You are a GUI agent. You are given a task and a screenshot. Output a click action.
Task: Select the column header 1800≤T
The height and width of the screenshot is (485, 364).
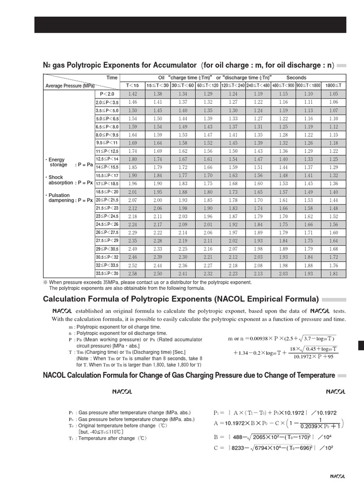point(334,85)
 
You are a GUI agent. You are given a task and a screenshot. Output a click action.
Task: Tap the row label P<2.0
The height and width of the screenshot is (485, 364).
point(108,94)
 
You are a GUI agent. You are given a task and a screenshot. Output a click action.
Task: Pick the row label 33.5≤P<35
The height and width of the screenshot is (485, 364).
point(108,274)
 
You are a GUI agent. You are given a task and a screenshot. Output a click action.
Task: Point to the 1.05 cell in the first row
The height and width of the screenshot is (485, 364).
point(334,94)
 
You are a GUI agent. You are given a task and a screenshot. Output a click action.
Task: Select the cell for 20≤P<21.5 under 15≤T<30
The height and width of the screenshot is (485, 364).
point(157,200)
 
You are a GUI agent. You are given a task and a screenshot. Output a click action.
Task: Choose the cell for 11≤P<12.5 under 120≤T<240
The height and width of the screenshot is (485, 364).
point(233,151)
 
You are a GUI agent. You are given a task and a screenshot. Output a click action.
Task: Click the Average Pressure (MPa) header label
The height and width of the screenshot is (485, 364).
point(70,86)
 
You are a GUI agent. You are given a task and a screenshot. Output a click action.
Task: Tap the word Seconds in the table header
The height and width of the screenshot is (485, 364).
point(296,78)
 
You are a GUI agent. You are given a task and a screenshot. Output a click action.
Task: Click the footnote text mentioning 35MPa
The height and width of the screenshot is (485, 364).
point(147,282)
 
